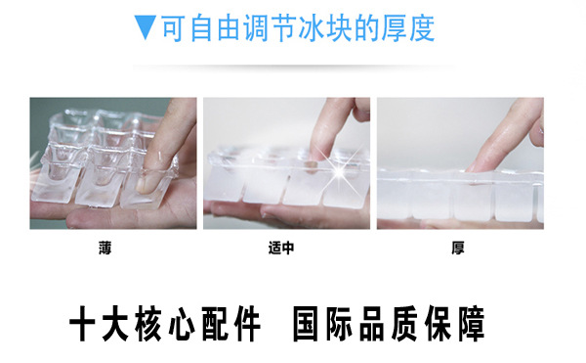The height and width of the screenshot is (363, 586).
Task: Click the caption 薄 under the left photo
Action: [x=105, y=248]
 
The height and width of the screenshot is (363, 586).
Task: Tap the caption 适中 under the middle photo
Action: [x=281, y=248]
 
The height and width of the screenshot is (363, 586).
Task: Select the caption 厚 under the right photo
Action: [x=457, y=248]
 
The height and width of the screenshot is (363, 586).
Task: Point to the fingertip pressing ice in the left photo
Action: [x=145, y=183]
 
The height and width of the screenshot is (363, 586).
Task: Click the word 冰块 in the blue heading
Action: [x=326, y=28]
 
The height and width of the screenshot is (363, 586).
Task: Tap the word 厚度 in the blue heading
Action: [x=407, y=28]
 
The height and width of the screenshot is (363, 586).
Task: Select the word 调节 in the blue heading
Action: [x=271, y=28]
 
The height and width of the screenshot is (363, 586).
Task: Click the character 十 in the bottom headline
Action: [x=84, y=324]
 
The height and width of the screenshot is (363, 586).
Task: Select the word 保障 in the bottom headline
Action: [x=455, y=324]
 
